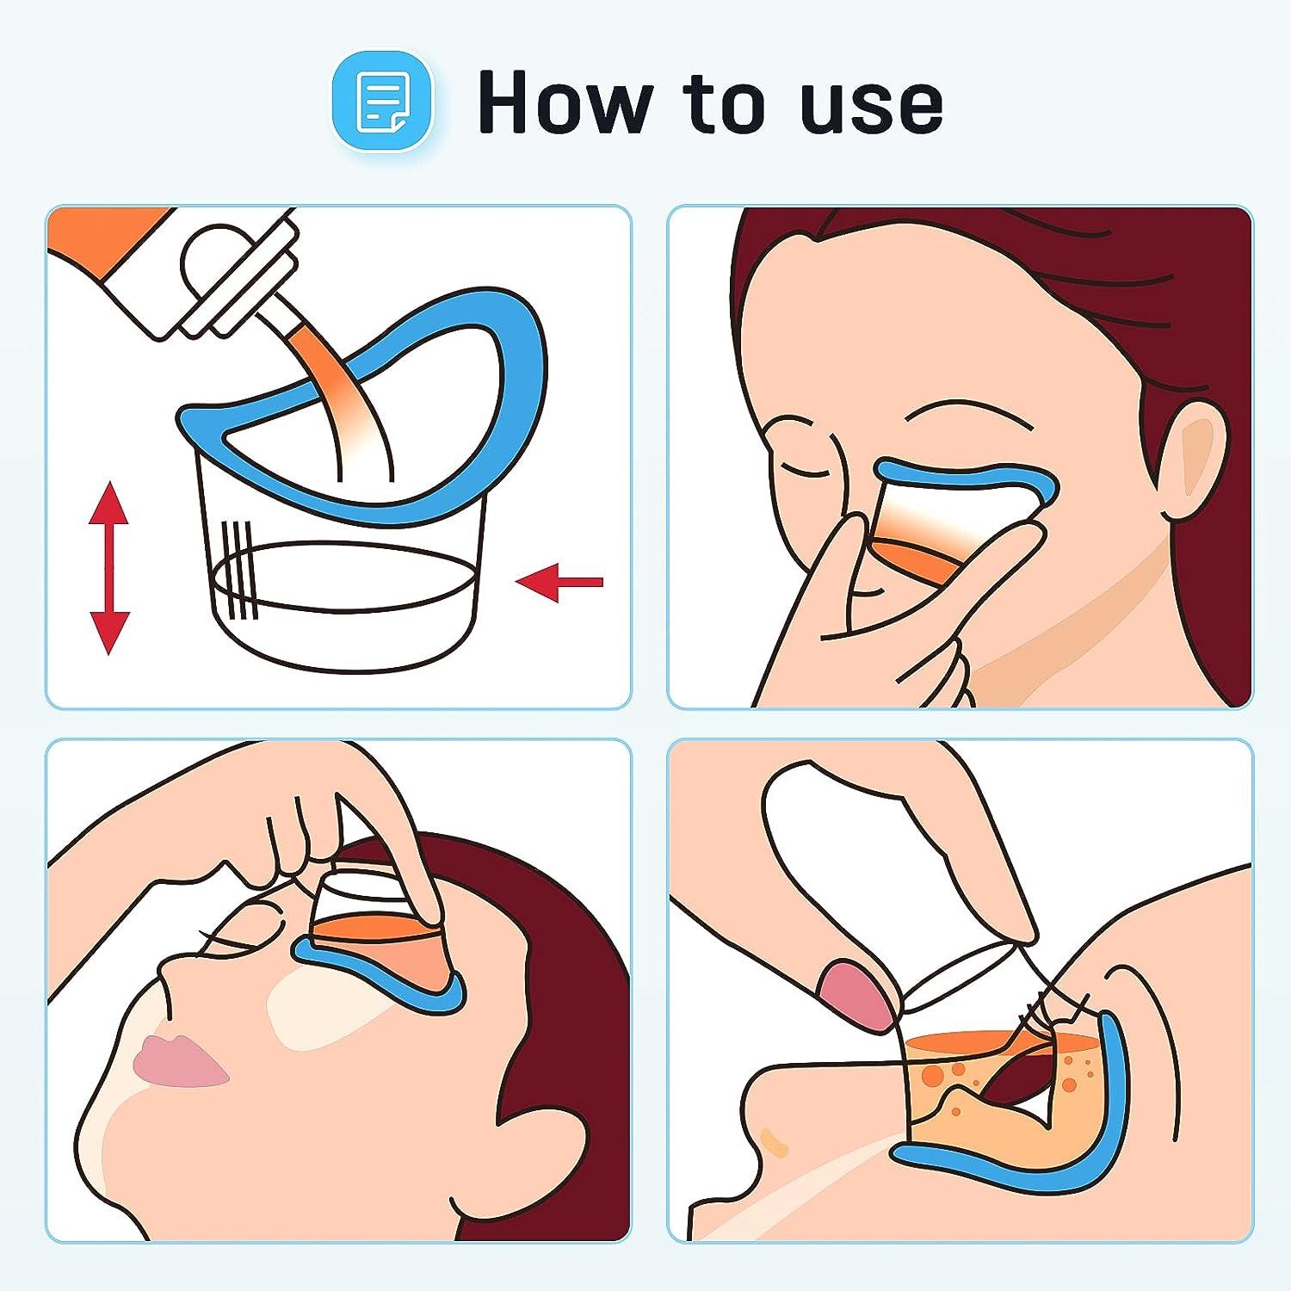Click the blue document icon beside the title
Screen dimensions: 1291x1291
tap(383, 102)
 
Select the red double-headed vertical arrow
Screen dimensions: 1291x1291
tap(109, 568)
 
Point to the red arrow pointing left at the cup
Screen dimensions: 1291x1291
tap(559, 583)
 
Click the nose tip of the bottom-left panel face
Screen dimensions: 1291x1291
tap(164, 973)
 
